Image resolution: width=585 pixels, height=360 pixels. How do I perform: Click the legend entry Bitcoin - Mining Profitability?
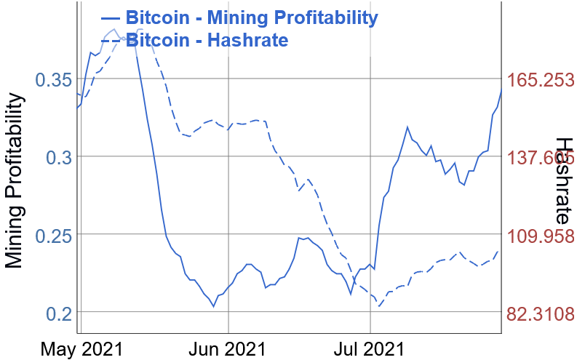251,17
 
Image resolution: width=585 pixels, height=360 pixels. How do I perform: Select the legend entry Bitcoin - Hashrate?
207,39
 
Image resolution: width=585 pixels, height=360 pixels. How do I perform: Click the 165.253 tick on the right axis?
541,80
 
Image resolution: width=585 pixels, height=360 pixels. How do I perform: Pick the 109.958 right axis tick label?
541,236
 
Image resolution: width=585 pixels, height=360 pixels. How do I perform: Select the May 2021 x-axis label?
81,348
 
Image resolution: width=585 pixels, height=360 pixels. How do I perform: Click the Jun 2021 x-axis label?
228,348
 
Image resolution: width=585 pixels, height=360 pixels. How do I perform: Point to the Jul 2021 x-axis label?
371,348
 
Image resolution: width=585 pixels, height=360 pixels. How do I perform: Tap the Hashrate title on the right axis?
563,180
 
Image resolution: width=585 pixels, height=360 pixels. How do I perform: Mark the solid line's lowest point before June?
214,307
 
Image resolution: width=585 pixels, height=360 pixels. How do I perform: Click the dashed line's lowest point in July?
380,306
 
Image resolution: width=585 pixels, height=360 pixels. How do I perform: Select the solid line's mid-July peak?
408,127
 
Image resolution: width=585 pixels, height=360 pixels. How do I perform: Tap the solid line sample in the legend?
111,17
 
